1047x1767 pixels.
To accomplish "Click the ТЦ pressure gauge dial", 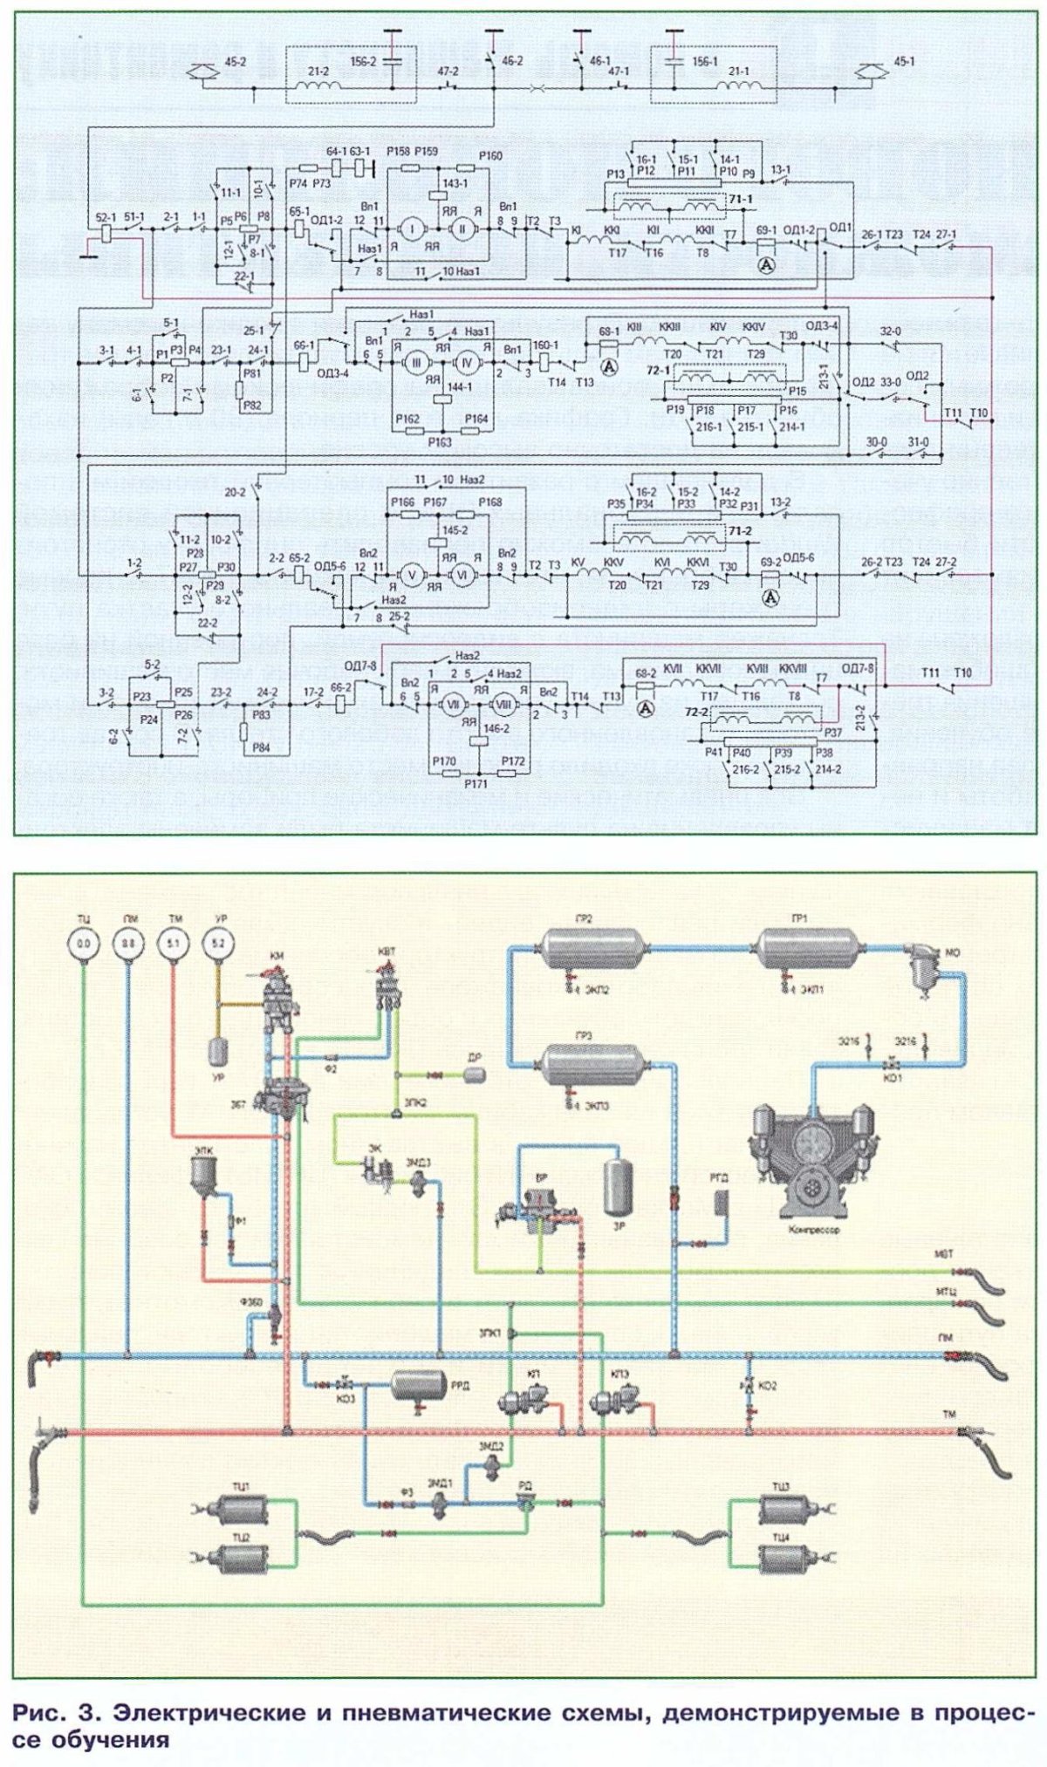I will pyautogui.click(x=85, y=943).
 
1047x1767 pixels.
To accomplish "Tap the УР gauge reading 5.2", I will pyautogui.click(x=217, y=943).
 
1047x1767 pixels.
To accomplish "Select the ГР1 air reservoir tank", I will pyautogui.click(x=809, y=948).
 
